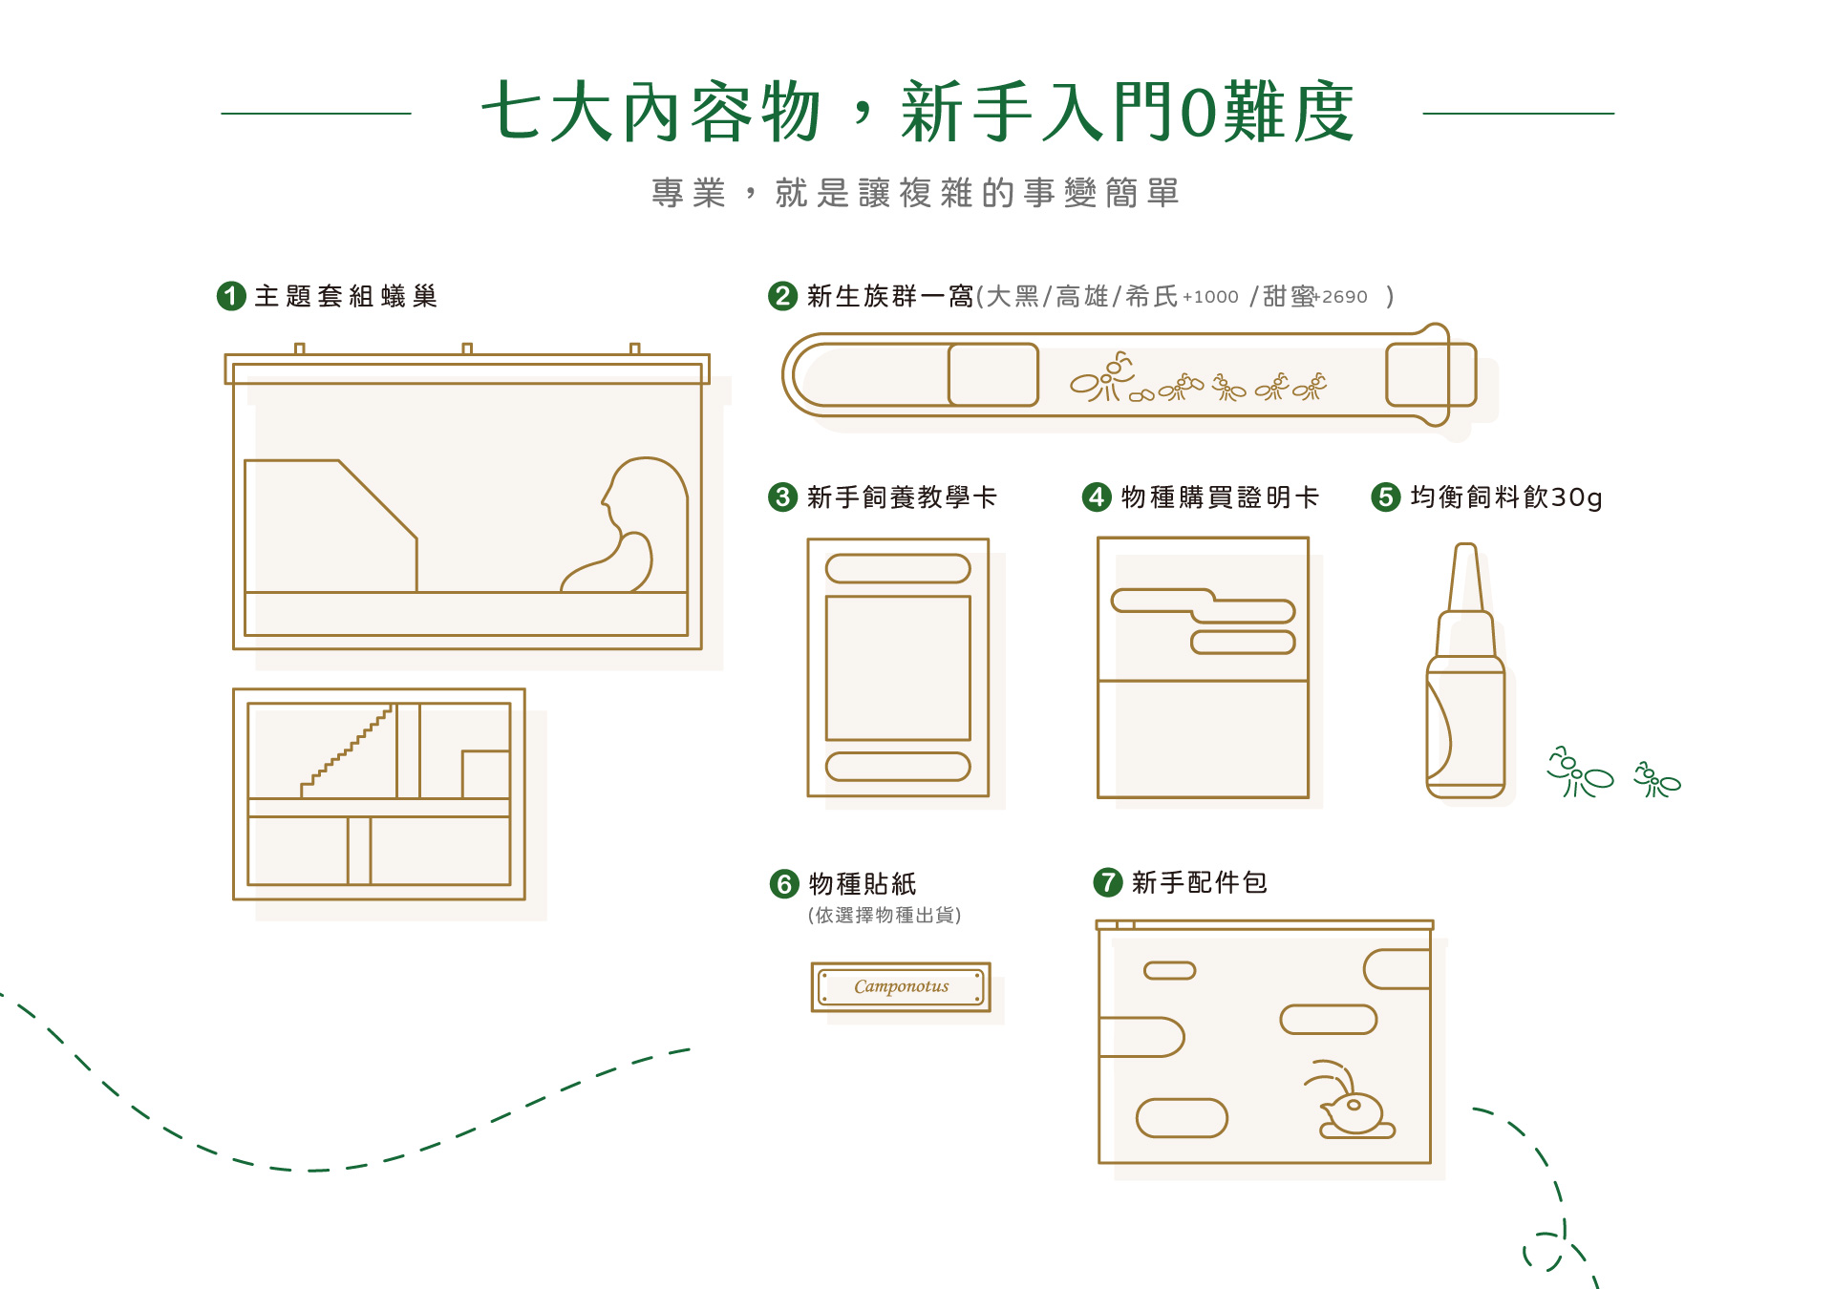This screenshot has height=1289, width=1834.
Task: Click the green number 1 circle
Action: click(231, 296)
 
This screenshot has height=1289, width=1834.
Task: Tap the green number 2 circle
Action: click(782, 296)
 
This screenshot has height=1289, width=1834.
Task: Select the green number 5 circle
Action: click(1385, 497)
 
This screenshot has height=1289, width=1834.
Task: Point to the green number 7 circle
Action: click(1107, 881)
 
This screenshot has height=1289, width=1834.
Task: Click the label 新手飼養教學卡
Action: click(901, 497)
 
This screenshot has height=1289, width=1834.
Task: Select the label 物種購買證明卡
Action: click(1219, 497)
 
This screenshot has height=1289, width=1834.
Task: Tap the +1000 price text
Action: click(1210, 297)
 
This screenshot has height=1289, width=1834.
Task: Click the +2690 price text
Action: click(1343, 297)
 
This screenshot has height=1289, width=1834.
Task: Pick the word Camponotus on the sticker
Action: click(901, 986)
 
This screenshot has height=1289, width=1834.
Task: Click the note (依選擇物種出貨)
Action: click(885, 915)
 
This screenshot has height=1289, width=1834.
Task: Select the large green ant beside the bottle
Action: click(1580, 773)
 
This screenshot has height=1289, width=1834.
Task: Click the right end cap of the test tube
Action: click(1430, 374)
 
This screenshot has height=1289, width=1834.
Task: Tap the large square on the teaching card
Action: click(898, 667)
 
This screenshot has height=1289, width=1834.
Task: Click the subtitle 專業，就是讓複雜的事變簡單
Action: click(916, 193)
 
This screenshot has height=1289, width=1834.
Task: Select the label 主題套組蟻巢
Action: click(346, 296)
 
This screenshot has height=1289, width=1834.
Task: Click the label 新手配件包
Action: click(1199, 881)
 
